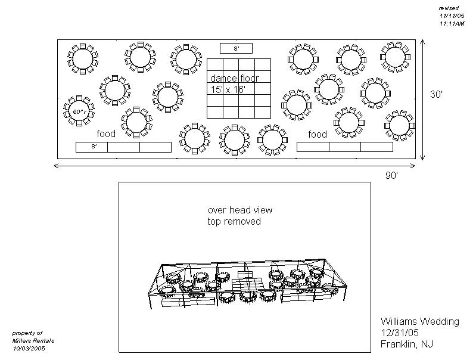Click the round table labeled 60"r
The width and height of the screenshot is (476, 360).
tap(80, 111)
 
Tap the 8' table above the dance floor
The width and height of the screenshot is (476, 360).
tap(237, 48)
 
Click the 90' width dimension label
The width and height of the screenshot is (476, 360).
tap(391, 175)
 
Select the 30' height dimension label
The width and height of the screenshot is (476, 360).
tap(437, 94)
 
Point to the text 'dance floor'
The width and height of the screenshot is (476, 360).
tap(234, 79)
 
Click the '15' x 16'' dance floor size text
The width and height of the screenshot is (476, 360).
tap(227, 89)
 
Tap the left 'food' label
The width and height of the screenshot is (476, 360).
tap(106, 134)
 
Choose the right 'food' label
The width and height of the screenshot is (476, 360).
tap(318, 134)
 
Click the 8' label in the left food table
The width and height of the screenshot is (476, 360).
tap(94, 147)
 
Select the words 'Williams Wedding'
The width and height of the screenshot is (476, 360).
tap(420, 322)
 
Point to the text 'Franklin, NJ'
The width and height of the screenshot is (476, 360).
tap(407, 345)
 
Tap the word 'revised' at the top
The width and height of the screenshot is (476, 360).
tap(448, 8)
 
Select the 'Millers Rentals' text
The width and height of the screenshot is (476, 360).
tap(33, 340)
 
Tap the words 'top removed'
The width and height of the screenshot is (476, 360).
tap(234, 222)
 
